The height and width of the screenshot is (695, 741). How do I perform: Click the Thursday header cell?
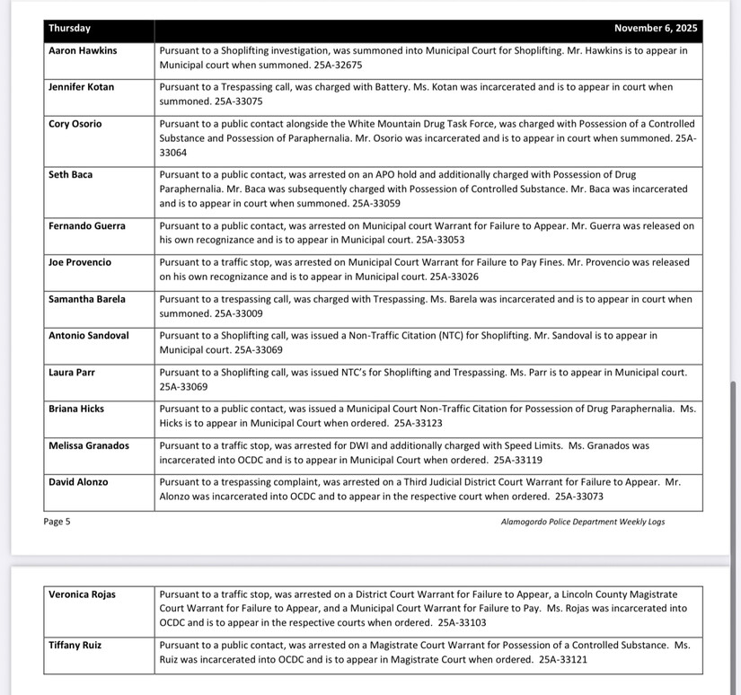[70, 29]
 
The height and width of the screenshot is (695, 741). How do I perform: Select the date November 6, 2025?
[656, 29]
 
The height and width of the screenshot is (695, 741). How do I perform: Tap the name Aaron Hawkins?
[83, 51]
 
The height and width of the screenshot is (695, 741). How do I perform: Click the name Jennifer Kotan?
[82, 87]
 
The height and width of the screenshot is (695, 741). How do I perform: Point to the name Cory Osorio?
[75, 124]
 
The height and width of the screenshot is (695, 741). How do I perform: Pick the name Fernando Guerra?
[87, 226]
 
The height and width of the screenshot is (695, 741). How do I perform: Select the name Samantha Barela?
[87, 299]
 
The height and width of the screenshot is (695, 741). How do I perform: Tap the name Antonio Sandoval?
[89, 336]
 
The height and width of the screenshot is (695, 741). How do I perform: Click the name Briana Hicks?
[76, 409]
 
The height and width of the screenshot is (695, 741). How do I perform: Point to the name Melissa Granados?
[89, 445]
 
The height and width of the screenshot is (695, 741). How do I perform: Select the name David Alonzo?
[78, 482]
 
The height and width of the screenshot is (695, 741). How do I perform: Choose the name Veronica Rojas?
[82, 594]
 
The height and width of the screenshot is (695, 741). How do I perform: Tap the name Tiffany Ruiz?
[76, 645]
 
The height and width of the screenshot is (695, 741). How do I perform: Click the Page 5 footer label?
[57, 522]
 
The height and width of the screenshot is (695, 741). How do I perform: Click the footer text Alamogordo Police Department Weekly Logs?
[582, 522]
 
